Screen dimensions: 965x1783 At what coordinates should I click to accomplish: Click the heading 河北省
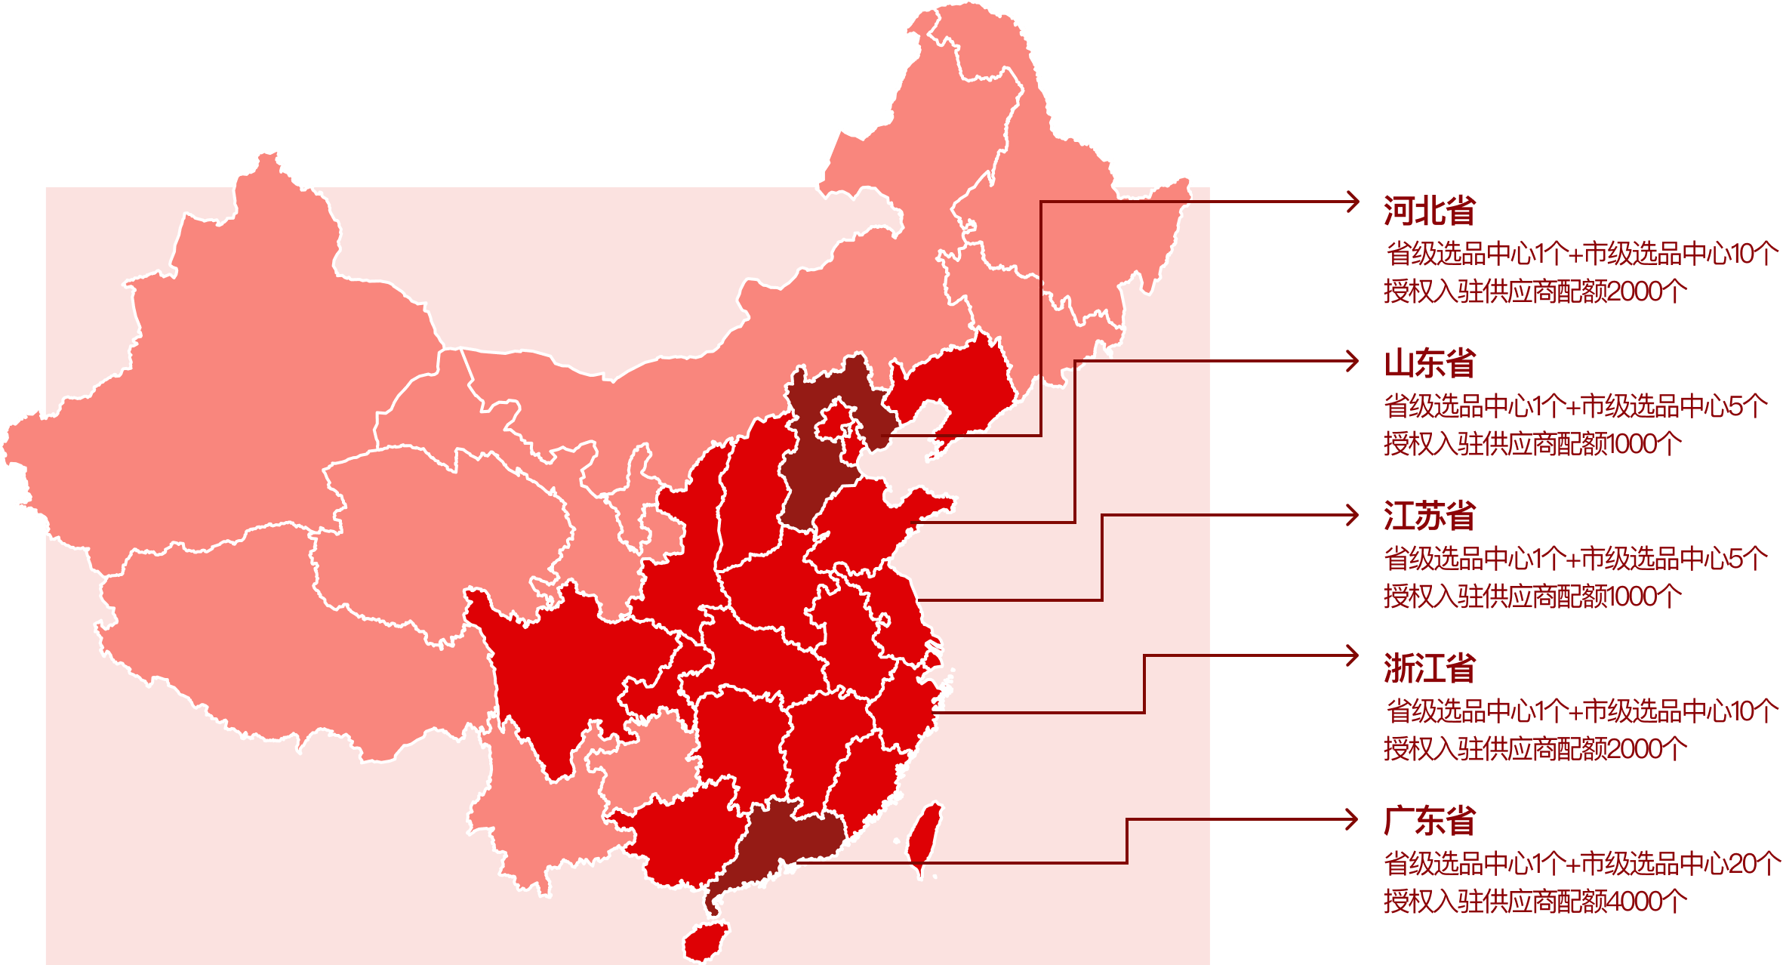(x=1429, y=211)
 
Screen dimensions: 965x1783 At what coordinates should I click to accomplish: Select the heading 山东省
(x=1429, y=363)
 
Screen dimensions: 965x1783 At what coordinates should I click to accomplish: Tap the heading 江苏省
(x=1429, y=516)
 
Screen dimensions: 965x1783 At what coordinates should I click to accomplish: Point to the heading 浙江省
(x=1429, y=669)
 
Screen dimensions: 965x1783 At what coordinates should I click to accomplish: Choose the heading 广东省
(x=1429, y=822)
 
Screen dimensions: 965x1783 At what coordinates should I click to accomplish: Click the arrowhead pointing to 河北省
(x=1353, y=202)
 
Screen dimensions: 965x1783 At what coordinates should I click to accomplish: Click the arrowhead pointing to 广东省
(x=1353, y=819)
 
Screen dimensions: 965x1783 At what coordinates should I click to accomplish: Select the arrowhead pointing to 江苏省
(x=1353, y=516)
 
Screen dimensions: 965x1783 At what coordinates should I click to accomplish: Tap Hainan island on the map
(x=707, y=941)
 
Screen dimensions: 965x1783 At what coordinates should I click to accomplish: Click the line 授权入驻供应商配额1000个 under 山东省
(x=1532, y=444)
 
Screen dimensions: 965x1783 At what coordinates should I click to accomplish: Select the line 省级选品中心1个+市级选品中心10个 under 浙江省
(x=1581, y=711)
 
